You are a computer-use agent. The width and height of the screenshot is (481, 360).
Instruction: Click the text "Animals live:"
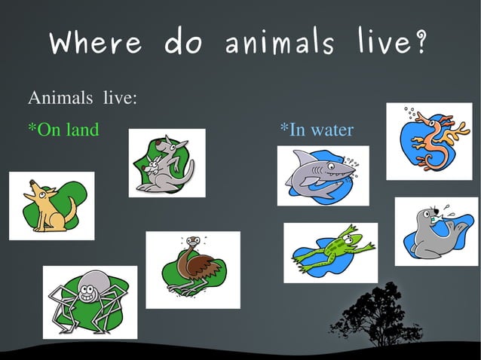click(82, 99)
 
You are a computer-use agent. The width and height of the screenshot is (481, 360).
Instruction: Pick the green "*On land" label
click(63, 130)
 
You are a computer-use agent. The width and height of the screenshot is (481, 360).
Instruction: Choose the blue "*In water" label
click(317, 130)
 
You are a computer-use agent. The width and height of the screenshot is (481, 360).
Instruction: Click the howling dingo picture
click(51, 206)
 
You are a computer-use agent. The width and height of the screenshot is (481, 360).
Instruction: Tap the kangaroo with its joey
click(167, 163)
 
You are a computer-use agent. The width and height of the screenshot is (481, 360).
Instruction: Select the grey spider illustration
click(90, 301)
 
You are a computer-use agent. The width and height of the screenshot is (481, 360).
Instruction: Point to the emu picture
click(192, 269)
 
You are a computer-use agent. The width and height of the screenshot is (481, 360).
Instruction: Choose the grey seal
click(435, 231)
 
